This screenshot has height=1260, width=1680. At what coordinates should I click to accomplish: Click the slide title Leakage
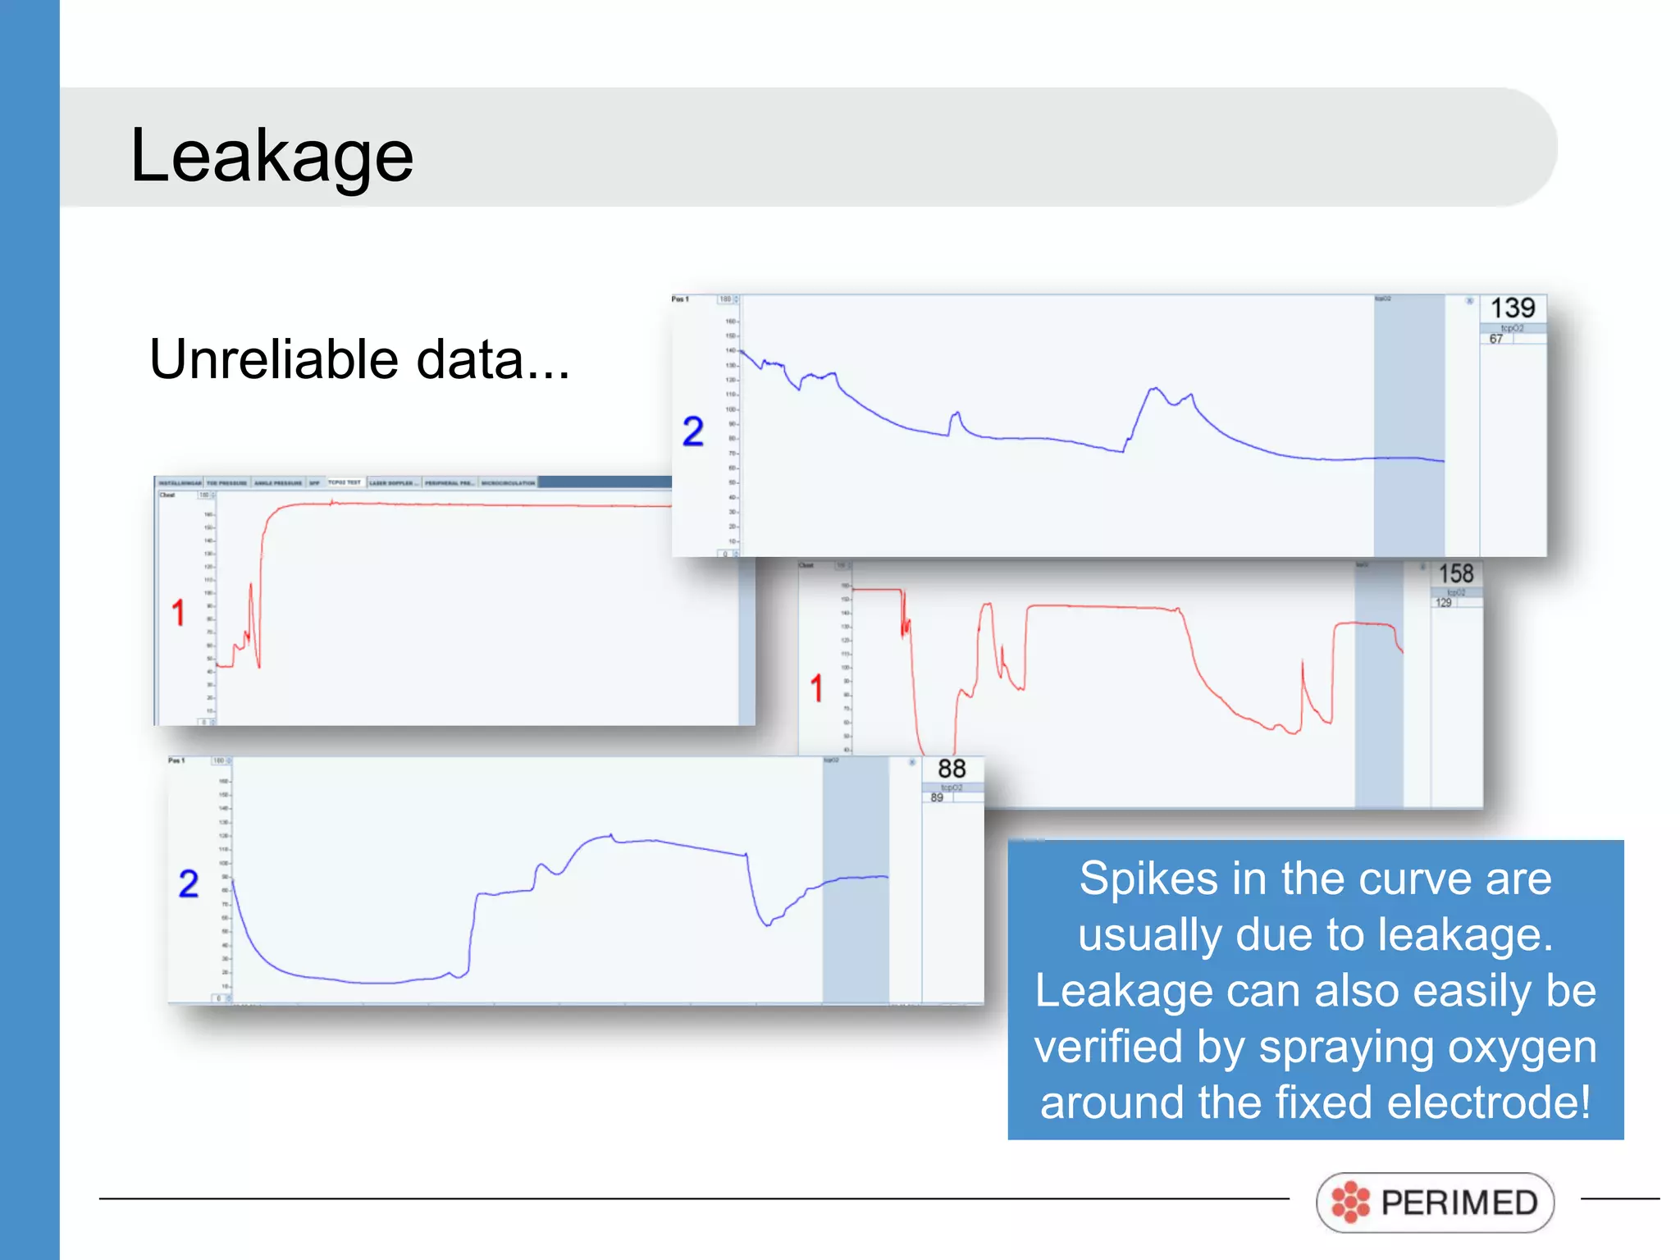(x=272, y=156)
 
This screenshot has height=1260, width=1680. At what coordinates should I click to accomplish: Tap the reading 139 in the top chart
(x=1512, y=308)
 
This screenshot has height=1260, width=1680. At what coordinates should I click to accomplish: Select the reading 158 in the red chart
(x=1456, y=573)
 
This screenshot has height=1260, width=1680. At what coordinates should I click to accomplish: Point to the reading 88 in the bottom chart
(x=952, y=769)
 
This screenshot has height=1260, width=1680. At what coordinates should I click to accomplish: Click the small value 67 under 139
(x=1496, y=340)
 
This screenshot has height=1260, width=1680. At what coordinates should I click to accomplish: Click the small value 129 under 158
(x=1443, y=603)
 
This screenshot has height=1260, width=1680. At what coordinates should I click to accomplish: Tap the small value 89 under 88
(x=937, y=797)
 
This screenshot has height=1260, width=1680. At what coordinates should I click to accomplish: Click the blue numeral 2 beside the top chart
(x=693, y=431)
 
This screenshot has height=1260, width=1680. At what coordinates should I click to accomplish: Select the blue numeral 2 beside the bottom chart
(x=189, y=883)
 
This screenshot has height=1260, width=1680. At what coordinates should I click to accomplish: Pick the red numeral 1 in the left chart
(x=178, y=613)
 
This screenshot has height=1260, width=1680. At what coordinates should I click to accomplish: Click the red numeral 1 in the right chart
(x=816, y=688)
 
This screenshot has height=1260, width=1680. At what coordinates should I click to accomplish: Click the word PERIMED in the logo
(x=1459, y=1203)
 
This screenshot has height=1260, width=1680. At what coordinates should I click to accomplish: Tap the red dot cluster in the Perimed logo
(x=1350, y=1203)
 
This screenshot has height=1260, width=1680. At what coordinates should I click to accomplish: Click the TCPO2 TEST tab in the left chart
(x=345, y=482)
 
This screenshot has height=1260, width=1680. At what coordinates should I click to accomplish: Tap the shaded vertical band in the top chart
(x=1408, y=426)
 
